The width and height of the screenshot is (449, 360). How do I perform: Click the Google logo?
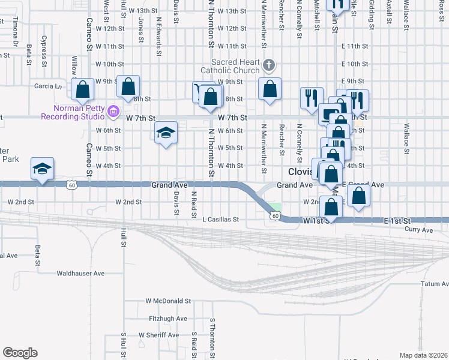click(20, 353)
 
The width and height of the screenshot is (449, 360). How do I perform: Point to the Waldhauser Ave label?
click(80, 273)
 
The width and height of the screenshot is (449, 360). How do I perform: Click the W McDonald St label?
click(167, 301)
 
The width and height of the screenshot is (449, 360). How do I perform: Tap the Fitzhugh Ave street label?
click(168, 318)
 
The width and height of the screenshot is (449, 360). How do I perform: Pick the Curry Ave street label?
click(418, 230)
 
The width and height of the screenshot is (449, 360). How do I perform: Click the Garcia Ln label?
click(48, 86)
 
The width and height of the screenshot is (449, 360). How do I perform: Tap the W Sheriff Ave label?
click(158, 335)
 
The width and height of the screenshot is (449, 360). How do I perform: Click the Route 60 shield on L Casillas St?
click(275, 215)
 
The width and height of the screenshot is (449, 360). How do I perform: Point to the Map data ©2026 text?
click(423, 355)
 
